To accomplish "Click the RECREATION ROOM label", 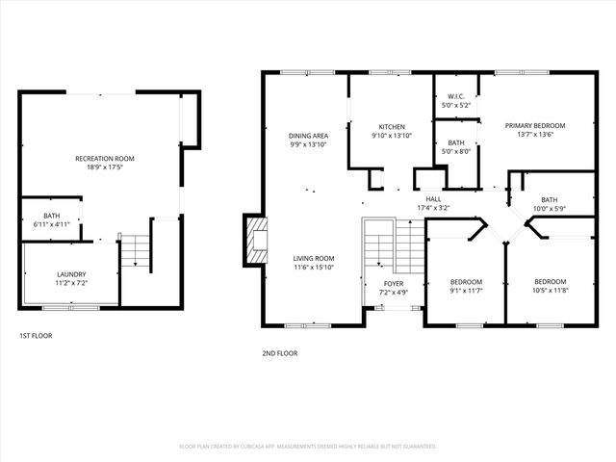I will pyautogui.click(x=105, y=158).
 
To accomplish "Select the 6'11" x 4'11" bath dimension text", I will pyautogui.click(x=51, y=224).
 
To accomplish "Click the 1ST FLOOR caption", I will pyautogui.click(x=36, y=336).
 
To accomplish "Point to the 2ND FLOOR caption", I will pyautogui.click(x=279, y=353).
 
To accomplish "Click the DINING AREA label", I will pyautogui.click(x=308, y=136).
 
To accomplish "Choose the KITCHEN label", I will pyautogui.click(x=391, y=127).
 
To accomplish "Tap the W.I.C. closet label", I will pyautogui.click(x=456, y=96).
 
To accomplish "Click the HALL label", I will pyautogui.click(x=433, y=198).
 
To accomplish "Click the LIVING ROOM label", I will pyautogui.click(x=314, y=258).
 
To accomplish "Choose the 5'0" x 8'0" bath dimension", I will pyautogui.click(x=456, y=150).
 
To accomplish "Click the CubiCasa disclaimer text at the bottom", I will pyautogui.click(x=308, y=447).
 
